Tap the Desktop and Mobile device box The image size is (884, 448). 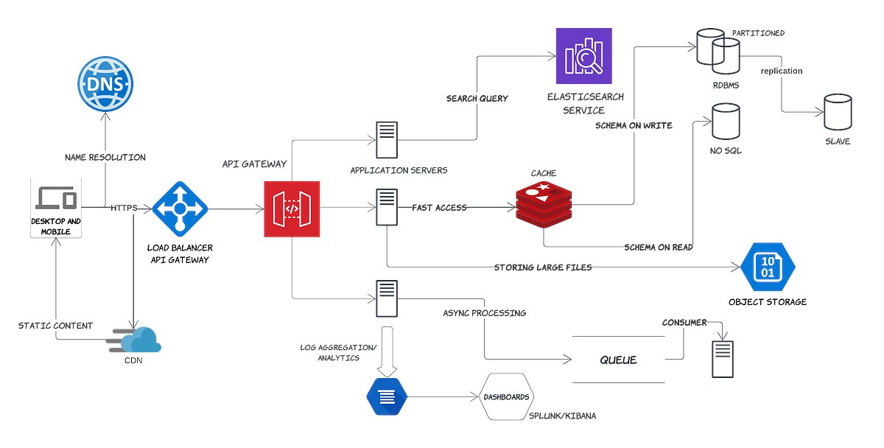[x=55, y=207]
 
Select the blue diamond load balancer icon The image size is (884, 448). [x=180, y=209]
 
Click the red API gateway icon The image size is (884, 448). [x=292, y=209]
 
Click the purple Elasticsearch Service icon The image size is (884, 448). [x=584, y=56]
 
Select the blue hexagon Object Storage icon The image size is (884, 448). [x=767, y=267]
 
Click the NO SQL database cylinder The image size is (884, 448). [x=726, y=121]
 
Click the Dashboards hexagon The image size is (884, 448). [x=506, y=397]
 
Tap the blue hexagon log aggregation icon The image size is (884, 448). [x=386, y=397]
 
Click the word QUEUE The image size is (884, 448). [x=618, y=360]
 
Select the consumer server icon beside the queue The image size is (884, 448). [x=723, y=359]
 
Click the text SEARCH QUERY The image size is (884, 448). [x=477, y=99]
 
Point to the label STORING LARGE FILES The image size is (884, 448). [x=543, y=267]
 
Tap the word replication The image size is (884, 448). [x=782, y=71]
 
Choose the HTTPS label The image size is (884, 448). [x=124, y=208]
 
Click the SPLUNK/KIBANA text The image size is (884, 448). [x=563, y=416]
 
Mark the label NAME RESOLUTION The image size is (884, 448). [x=105, y=157]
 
